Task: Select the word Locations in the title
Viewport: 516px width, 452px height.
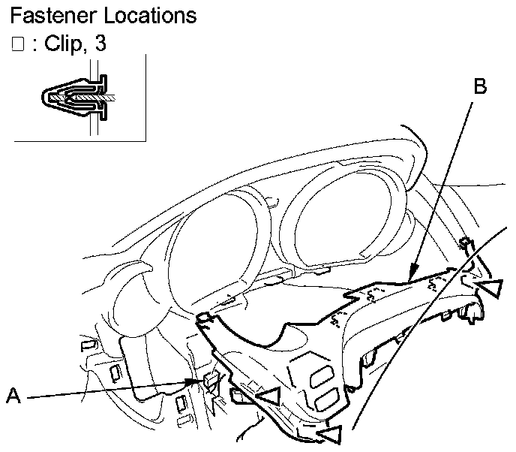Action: (148, 15)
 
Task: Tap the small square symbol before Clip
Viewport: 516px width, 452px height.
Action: (17, 45)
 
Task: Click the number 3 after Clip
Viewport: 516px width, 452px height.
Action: (100, 44)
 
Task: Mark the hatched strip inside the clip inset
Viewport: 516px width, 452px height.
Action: (90, 98)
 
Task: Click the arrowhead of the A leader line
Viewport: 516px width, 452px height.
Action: (202, 381)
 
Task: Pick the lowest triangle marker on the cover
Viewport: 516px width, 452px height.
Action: (331, 433)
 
